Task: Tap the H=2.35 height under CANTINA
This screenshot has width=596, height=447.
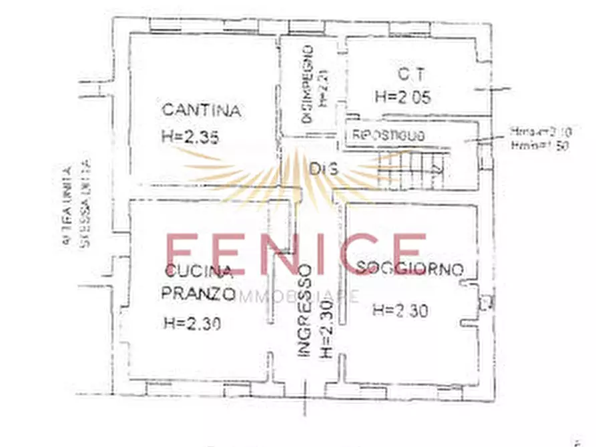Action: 191,136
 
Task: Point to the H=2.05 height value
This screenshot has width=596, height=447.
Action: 402,97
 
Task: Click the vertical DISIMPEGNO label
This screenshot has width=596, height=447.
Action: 308,85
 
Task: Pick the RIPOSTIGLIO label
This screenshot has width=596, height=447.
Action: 388,135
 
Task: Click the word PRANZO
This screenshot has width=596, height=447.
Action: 198,293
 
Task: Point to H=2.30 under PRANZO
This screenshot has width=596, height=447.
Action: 192,324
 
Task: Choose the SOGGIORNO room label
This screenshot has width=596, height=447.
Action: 410,270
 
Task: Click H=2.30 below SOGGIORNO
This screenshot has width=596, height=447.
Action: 400,310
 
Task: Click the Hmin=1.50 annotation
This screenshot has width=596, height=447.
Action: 538,145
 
